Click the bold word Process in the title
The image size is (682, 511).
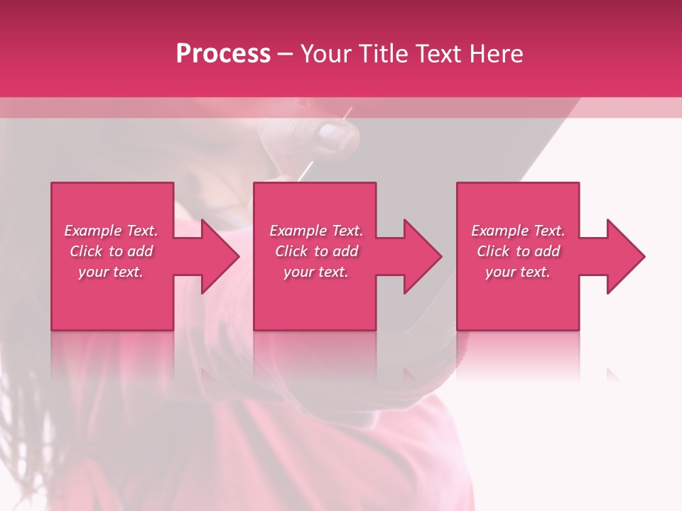click(223, 54)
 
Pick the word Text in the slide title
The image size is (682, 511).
click(439, 54)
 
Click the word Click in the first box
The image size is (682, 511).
click(86, 251)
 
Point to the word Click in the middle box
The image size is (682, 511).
click(291, 251)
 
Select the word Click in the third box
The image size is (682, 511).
click(493, 251)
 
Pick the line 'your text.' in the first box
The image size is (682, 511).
click(111, 272)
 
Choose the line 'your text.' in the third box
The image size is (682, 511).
click(518, 272)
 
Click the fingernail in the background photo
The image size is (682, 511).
click(331, 133)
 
